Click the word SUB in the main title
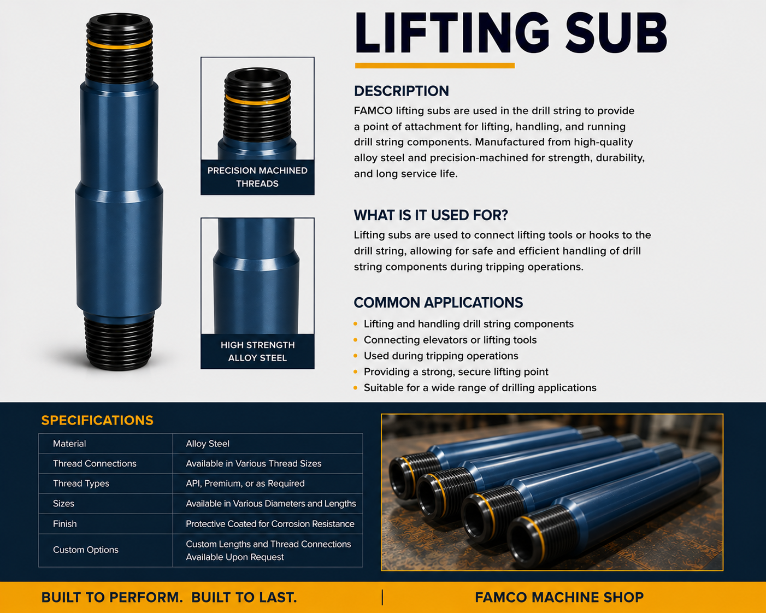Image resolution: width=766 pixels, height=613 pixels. click(616, 33)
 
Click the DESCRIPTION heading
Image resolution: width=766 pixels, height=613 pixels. click(402, 91)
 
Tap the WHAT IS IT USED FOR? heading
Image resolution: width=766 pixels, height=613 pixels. click(431, 215)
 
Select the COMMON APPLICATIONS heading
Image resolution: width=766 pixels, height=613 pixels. click(438, 303)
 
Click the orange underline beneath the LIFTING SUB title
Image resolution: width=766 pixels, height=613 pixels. click(434, 66)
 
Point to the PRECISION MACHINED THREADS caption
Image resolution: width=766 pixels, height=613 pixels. click(257, 177)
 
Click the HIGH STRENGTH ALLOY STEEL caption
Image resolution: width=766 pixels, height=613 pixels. click(257, 351)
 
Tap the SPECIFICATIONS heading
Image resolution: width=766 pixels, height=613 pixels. click(97, 421)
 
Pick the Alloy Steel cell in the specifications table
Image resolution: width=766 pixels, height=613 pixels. click(208, 444)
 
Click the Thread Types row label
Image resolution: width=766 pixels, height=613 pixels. click(81, 484)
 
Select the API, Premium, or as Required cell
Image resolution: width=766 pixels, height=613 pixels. click(245, 484)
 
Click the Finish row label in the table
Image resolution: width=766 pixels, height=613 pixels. click(65, 523)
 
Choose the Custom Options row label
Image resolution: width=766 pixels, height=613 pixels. click(85, 550)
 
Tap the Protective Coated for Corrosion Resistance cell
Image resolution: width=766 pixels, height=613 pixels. click(270, 523)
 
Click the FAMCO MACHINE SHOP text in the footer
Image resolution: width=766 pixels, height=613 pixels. click(559, 597)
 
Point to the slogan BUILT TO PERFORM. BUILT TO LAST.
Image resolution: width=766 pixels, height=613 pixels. click(169, 597)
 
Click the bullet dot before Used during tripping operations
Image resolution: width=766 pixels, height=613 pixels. click(355, 356)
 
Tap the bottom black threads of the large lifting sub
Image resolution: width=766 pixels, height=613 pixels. click(119, 342)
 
